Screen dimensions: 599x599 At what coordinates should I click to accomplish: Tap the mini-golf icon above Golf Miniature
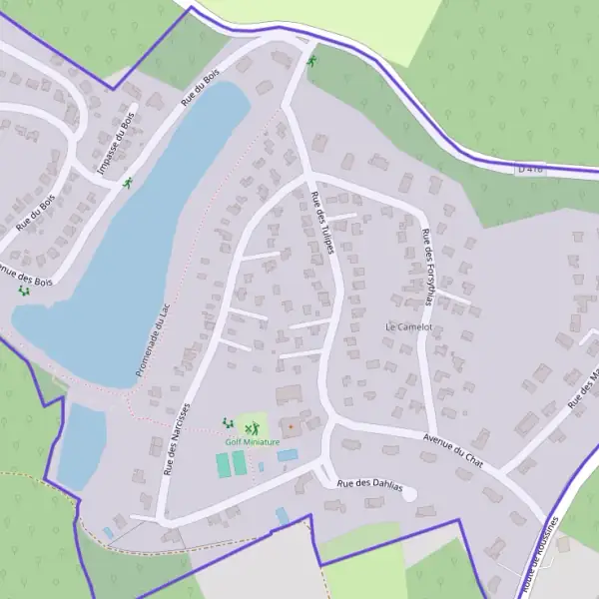point(252,427)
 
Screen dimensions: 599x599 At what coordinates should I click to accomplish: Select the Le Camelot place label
point(408,326)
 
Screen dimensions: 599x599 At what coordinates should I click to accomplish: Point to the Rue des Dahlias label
point(369,484)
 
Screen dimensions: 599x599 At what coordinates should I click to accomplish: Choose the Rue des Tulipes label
point(321,222)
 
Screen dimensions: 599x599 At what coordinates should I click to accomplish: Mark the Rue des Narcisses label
point(176,439)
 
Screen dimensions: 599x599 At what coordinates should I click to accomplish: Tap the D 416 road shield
point(530,169)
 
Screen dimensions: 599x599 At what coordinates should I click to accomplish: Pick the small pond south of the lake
point(81,444)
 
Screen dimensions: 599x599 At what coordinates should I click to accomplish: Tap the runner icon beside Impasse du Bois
point(128,183)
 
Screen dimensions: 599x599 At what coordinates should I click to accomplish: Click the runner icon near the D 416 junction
point(311,62)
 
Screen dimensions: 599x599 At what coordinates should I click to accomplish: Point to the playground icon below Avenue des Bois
point(23,292)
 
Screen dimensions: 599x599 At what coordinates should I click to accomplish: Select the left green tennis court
point(223,464)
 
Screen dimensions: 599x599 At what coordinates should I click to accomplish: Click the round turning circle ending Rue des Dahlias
point(408,493)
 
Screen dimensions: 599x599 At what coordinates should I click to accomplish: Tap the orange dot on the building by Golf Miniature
point(292,427)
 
